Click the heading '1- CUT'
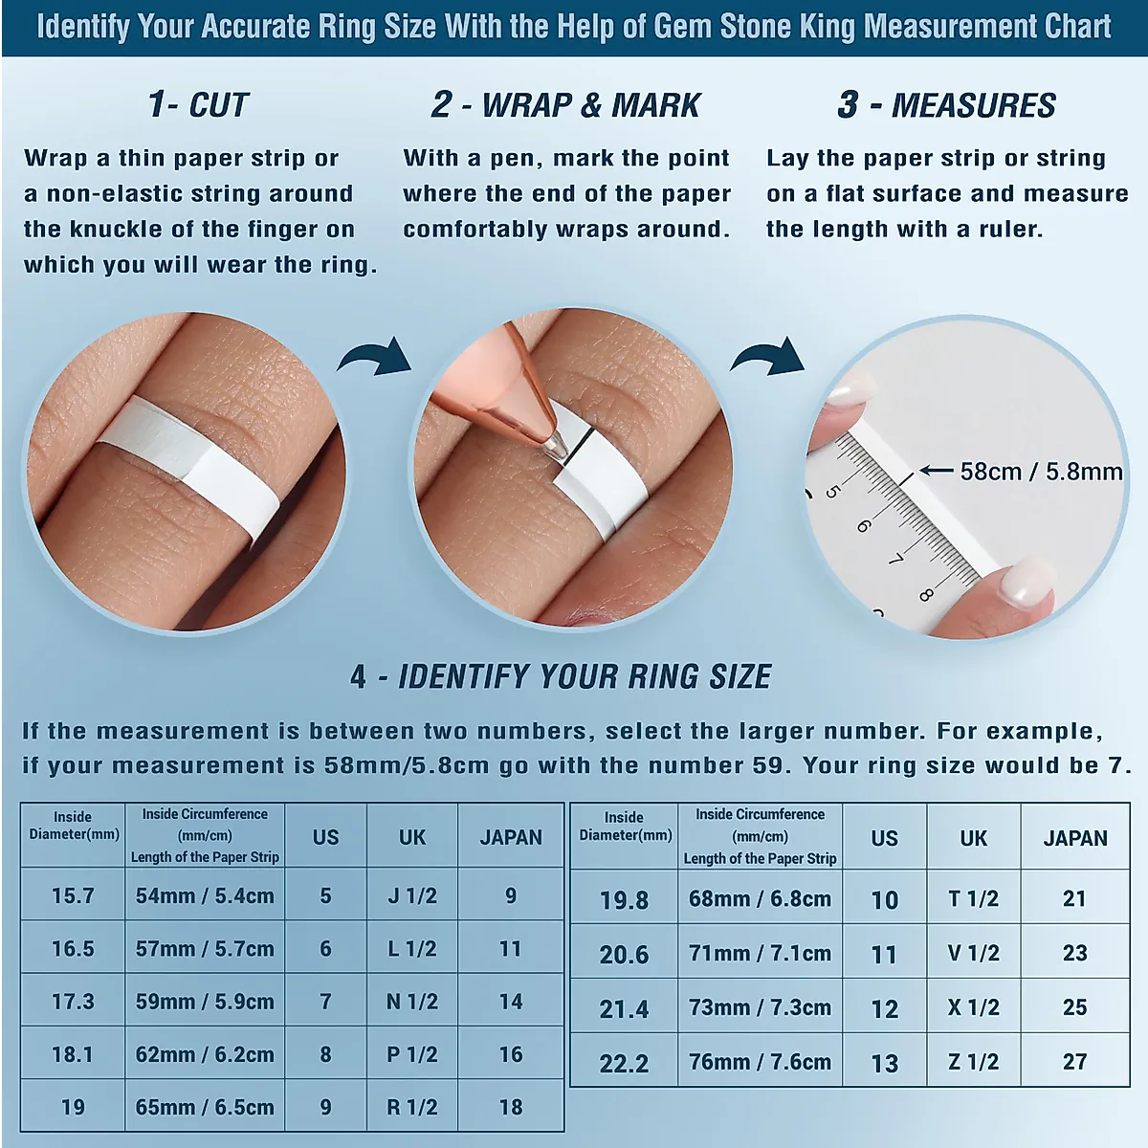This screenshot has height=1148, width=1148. click(x=198, y=105)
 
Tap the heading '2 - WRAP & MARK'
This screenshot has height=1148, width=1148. click(x=566, y=105)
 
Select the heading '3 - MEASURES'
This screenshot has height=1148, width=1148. click(x=947, y=105)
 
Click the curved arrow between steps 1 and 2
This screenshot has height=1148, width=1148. click(x=375, y=358)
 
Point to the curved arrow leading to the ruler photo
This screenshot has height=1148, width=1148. click(x=768, y=358)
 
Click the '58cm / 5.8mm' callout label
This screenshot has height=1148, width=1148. click(x=1041, y=472)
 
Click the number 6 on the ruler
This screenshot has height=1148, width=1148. click(x=863, y=526)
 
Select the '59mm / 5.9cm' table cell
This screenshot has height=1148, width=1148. click(x=205, y=1002)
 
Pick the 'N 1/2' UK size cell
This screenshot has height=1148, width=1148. click(x=411, y=1002)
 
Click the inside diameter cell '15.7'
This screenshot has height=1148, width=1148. click(x=73, y=895)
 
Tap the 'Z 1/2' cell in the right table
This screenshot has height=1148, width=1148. click(x=974, y=1061)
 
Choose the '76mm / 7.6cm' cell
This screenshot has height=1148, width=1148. click(x=760, y=1061)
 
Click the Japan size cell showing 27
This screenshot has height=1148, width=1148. click(x=1074, y=1061)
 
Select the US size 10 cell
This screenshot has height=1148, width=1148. click(x=884, y=899)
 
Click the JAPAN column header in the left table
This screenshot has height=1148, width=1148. click(x=511, y=837)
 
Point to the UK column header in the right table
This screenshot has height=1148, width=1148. click(x=974, y=838)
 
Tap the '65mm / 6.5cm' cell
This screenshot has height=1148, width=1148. click(x=205, y=1107)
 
